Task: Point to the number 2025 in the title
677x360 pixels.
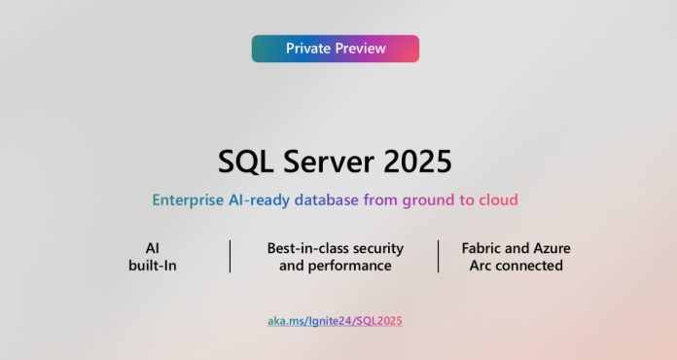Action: tap(418, 162)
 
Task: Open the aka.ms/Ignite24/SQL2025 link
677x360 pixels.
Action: tap(335, 320)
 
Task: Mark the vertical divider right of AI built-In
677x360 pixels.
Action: tap(231, 257)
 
